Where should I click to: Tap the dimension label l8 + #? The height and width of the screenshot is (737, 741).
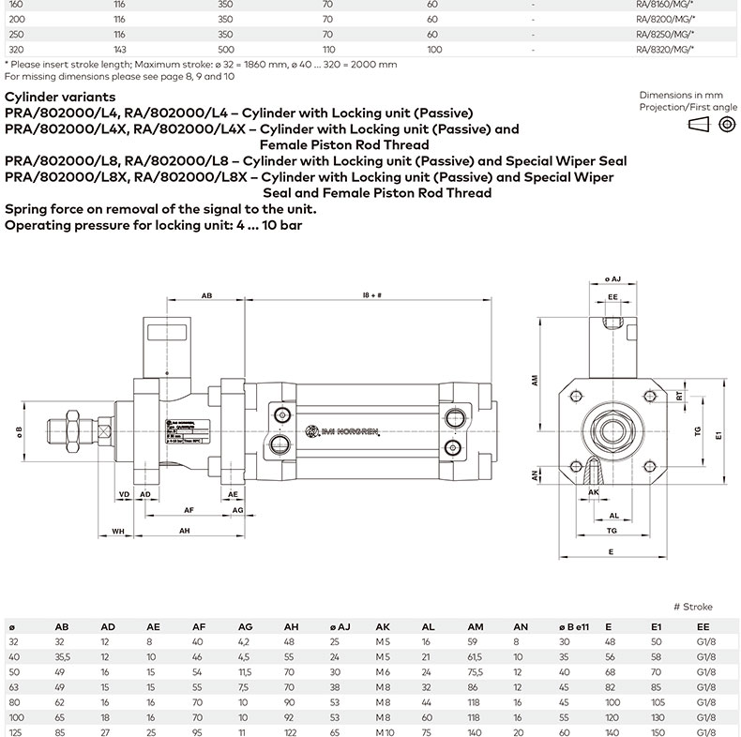(x=371, y=295)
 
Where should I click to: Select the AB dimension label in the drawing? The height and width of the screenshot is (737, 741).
(x=205, y=295)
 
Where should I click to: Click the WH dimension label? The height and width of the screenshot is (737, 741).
(x=118, y=531)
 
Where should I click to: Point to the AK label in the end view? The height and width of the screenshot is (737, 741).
(x=593, y=491)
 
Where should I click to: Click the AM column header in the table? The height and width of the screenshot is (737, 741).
(x=476, y=626)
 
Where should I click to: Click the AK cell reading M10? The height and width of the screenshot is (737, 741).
(x=385, y=730)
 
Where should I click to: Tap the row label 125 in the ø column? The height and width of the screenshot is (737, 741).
(x=15, y=730)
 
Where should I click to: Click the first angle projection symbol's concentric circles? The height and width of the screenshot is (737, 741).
(x=726, y=126)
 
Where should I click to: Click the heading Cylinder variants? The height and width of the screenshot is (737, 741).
(x=60, y=97)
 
